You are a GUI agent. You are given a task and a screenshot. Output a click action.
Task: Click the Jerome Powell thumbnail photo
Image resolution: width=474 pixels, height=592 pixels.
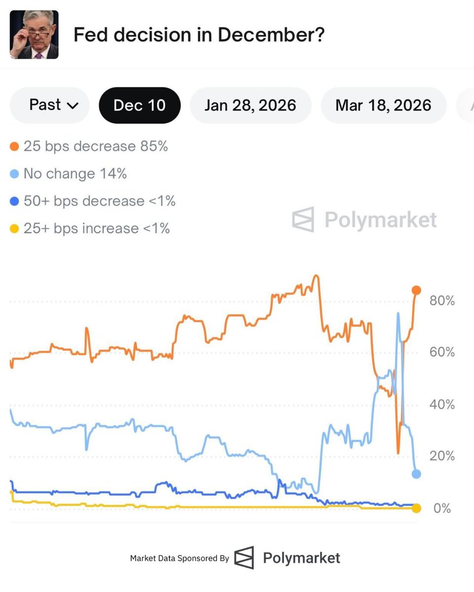34,35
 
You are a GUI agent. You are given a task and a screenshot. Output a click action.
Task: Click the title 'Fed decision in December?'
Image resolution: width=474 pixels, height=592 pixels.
198,35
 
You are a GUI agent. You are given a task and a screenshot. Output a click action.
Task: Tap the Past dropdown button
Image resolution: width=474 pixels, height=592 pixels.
50,105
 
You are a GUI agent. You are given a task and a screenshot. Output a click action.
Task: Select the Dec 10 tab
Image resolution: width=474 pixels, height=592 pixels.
140,105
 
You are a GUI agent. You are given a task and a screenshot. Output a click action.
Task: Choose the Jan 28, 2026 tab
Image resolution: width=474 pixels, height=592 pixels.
250,105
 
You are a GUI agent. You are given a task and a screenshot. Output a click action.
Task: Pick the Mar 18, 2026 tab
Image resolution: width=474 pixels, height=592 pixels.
383,105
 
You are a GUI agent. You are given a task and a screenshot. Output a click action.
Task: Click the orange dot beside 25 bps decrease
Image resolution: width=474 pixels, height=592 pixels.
15,147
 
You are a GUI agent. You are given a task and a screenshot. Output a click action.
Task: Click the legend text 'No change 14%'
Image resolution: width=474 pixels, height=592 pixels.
75,174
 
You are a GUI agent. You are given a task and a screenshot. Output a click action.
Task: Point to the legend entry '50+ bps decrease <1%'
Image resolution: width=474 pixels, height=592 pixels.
99,201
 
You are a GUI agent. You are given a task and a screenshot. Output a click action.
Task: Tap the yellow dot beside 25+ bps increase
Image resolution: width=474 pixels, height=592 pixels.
15,228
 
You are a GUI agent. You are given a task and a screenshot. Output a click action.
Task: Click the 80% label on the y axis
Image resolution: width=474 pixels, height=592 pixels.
442,300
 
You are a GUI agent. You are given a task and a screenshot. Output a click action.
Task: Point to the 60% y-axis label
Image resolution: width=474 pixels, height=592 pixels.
442,352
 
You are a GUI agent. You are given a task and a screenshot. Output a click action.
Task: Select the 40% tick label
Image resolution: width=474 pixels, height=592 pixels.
442,405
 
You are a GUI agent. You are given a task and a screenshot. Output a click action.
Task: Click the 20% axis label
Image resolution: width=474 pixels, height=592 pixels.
442,456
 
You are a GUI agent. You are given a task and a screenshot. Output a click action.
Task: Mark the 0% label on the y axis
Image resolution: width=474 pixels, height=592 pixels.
442,508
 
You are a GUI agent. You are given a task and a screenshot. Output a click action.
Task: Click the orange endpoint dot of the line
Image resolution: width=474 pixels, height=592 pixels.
416,290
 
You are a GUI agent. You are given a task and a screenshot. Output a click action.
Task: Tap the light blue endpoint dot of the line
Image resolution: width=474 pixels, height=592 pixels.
416,474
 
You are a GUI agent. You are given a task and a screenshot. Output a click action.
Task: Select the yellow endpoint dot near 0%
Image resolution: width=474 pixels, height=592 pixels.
416,508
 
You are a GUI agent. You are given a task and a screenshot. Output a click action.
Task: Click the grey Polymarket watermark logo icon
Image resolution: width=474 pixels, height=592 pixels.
303,220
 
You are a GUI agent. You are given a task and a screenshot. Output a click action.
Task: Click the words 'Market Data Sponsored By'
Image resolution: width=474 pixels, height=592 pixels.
179,558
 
